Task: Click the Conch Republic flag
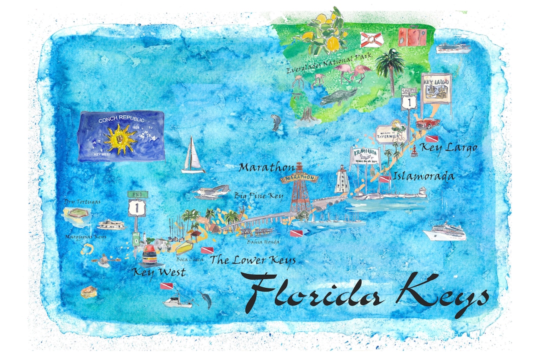(121, 136)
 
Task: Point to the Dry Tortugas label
(82, 202)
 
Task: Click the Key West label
(158, 272)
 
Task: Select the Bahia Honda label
(263, 242)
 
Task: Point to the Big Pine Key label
(258, 195)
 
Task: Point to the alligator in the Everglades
(338, 97)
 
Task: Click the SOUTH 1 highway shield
(409, 99)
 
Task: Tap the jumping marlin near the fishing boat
(205, 298)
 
